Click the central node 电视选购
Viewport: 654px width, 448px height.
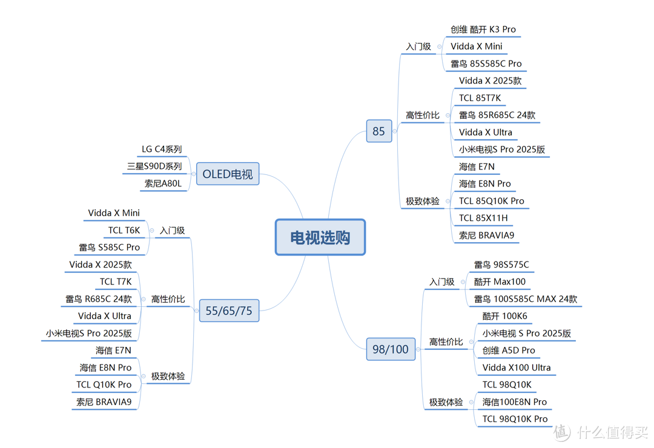point(320,237)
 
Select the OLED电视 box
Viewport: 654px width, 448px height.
point(228,174)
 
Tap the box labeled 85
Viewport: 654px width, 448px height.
point(379,131)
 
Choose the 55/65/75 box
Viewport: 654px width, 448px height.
point(229,311)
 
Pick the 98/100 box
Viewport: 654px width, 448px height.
point(391,349)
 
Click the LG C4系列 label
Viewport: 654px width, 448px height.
point(162,150)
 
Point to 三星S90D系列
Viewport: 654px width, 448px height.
point(154,166)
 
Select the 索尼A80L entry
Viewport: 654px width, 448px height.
point(163,183)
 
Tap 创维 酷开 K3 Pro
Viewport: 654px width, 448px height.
point(483,30)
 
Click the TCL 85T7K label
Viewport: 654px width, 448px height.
point(480,98)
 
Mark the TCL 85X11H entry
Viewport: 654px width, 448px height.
point(483,218)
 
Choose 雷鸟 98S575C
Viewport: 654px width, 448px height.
point(501,265)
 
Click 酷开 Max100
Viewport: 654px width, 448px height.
point(500,282)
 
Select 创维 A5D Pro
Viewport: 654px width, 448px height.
point(509,351)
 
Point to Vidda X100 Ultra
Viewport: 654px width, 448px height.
point(517,367)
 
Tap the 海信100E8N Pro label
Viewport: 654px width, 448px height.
point(515,402)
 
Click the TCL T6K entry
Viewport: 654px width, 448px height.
point(124,231)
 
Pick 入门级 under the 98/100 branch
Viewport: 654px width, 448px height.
point(441,282)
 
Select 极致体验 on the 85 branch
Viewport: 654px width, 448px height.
point(423,202)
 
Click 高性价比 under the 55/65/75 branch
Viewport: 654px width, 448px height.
point(168,299)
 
